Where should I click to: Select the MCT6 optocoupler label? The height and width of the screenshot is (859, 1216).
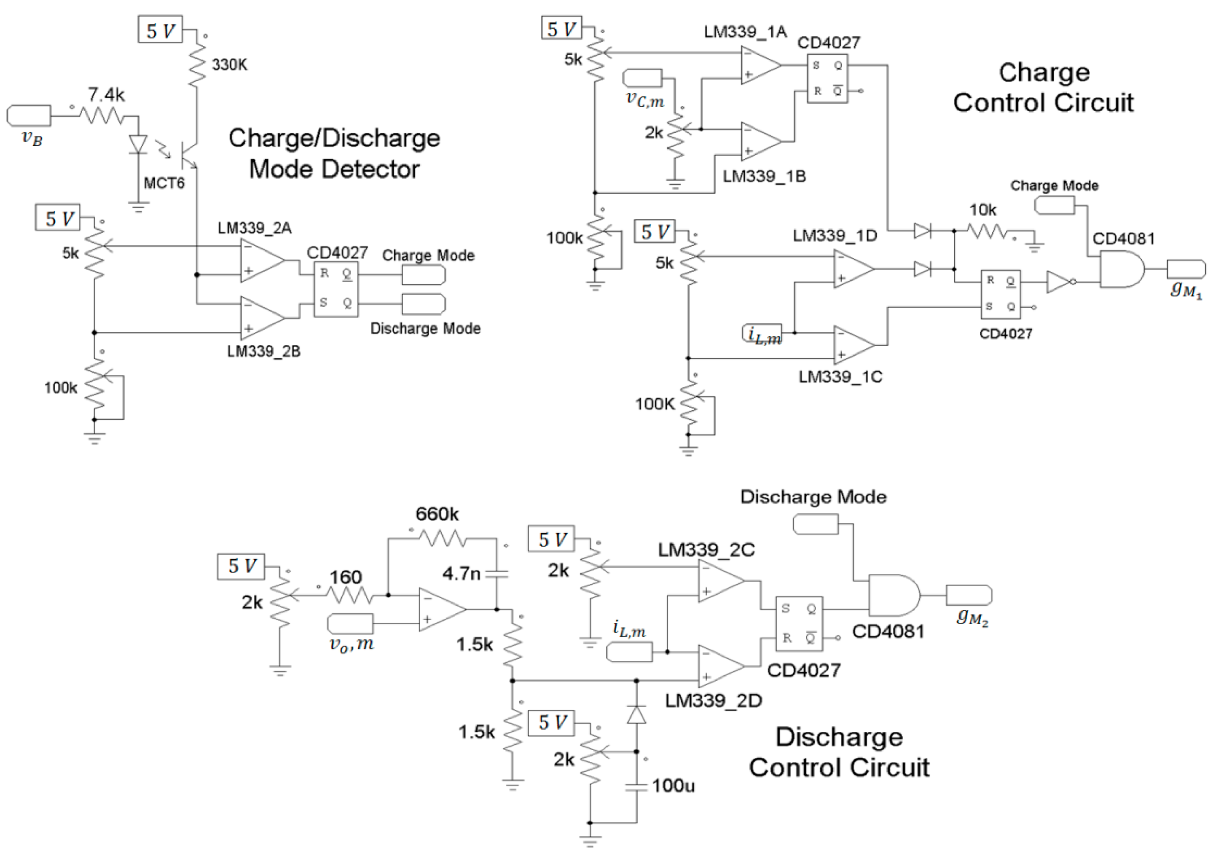click(x=164, y=183)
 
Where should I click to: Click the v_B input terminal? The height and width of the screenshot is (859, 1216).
click(x=29, y=115)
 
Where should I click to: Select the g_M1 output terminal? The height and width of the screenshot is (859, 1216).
click(x=1186, y=269)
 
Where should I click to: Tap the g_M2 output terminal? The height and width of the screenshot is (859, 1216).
click(x=969, y=595)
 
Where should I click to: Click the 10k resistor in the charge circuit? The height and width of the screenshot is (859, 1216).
click(x=987, y=231)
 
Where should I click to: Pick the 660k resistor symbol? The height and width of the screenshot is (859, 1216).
click(x=442, y=539)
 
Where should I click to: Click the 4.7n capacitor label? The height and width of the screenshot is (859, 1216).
click(x=461, y=573)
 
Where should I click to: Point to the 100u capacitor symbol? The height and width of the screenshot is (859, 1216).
click(x=636, y=787)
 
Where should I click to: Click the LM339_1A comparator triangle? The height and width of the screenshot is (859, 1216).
click(x=760, y=66)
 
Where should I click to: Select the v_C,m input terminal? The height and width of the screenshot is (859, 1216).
click(x=642, y=78)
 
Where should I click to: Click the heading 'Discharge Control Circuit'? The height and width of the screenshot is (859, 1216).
click(x=839, y=752)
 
